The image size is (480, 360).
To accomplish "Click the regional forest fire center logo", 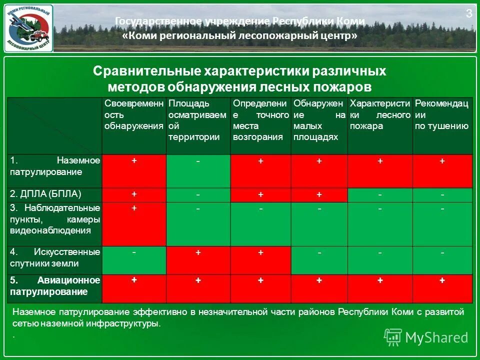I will coord(28,28).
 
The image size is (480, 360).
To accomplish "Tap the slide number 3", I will coord(469,13).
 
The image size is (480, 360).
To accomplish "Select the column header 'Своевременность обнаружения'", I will coord(133,114).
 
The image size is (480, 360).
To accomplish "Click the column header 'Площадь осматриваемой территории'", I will coord(198,120).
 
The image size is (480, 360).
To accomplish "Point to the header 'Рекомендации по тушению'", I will coord(441,114).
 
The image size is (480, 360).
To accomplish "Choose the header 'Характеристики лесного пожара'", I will coord(379,114).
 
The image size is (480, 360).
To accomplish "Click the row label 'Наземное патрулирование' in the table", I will coord(55,166).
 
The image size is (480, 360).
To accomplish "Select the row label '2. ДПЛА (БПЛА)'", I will coord(45,193).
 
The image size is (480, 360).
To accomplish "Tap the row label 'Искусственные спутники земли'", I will coord(55,257).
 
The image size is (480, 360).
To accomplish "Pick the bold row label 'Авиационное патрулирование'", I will coord(55,285).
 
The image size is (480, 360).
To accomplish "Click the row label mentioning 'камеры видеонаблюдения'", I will coord(55,219).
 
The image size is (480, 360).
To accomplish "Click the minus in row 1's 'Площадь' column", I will coord(198,161).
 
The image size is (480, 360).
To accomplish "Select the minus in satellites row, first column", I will coord(134,252).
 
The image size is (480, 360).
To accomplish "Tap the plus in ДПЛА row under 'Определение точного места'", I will coord(260,194).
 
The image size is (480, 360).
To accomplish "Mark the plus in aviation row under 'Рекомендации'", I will coord(442,280).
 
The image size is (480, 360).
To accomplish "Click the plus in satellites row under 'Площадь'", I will coord(198,253).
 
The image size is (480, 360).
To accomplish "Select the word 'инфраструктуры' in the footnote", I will coord(127,323).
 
